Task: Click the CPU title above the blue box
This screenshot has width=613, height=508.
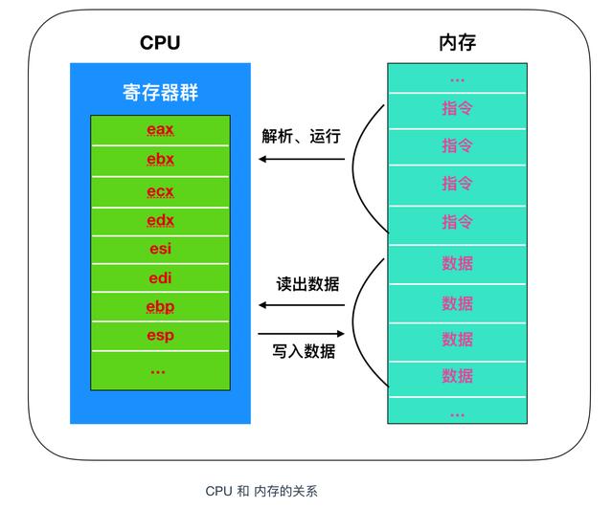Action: coord(160,42)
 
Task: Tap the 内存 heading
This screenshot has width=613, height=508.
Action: coord(456,42)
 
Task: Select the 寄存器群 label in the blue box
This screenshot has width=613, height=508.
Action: coord(160,94)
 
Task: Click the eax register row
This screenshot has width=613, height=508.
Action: coord(160,130)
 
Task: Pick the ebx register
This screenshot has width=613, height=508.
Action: coord(160,160)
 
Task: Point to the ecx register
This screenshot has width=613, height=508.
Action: coord(160,190)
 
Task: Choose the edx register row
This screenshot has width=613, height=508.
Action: coord(160,220)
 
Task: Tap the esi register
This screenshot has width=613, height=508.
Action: coord(160,249)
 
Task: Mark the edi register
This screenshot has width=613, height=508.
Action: coord(160,277)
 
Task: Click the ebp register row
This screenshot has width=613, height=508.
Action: coord(160,307)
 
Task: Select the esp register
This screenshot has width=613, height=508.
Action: coord(160,336)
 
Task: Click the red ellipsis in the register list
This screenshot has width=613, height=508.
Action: coord(160,368)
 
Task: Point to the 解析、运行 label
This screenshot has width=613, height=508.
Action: coord(301,136)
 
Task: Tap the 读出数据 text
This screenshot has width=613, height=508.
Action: coord(306,284)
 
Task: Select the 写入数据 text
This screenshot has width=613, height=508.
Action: coord(306,351)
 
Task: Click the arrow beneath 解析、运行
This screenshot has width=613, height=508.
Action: coord(301,159)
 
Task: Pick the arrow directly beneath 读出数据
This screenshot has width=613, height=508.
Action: coord(301,306)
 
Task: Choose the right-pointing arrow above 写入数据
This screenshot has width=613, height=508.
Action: coord(301,333)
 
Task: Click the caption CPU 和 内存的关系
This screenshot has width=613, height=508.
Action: coord(261,491)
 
